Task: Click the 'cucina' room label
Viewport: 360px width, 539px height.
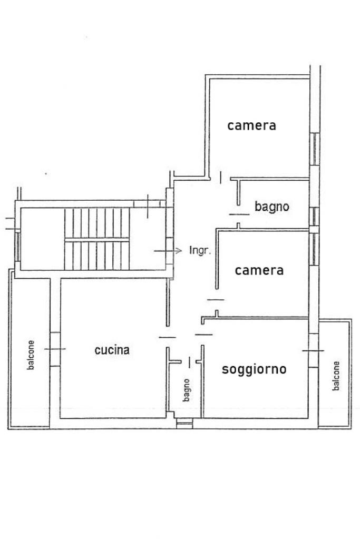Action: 112,350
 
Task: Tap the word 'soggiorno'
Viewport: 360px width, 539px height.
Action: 254,369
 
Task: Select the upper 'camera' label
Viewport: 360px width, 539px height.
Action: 252,125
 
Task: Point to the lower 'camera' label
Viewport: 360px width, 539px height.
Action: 259,270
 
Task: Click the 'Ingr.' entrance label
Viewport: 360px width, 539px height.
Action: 200,250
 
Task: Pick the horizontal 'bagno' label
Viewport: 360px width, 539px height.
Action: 272,207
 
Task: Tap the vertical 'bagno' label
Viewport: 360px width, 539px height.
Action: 187,390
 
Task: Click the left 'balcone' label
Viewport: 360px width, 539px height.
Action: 31,355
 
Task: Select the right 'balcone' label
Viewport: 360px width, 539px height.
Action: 336,376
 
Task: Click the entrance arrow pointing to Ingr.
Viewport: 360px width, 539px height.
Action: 168,251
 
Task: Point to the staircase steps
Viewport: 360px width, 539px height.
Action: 97,239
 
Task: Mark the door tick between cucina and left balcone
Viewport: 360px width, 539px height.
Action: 55,349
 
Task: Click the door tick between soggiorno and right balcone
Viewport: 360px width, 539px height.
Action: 313,350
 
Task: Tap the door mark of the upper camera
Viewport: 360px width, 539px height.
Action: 220,178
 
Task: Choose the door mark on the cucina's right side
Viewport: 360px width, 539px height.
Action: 168,337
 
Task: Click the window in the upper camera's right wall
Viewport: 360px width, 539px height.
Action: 315,149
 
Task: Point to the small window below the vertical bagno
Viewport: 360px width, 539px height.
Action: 184,423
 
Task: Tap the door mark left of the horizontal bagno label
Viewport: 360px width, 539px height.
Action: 239,214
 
